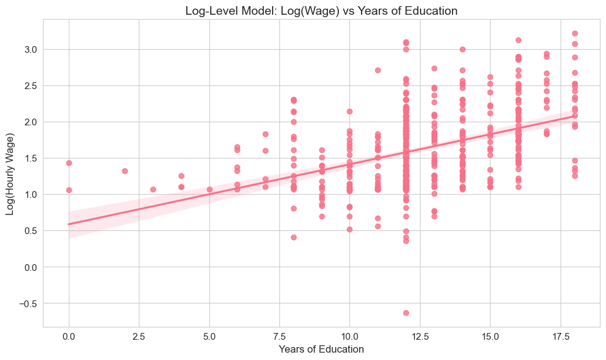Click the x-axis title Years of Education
click(321, 349)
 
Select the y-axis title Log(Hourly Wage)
click(10, 173)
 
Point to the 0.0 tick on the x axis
click(69, 335)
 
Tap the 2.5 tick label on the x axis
click(139, 335)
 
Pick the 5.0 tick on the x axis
click(209, 335)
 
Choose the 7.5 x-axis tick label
click(279, 335)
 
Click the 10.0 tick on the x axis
click(349, 335)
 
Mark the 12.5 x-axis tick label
click(420, 335)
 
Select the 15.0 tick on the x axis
click(490, 335)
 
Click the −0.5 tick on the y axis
click(28, 303)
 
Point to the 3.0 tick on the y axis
click(31, 49)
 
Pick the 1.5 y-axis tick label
click(31, 158)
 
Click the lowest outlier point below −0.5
click(406, 313)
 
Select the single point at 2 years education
click(125, 171)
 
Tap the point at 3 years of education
click(153, 189)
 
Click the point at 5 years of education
click(209, 189)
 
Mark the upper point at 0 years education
click(69, 163)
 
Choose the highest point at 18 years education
click(575, 33)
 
